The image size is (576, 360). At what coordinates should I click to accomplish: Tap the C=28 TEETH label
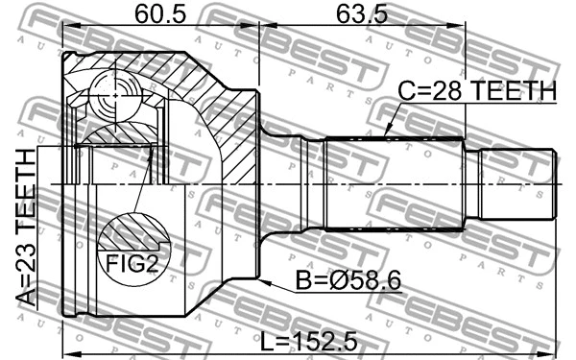click(477, 90)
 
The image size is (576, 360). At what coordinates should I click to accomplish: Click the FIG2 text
click(132, 264)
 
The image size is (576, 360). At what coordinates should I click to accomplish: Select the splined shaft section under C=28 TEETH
click(394, 182)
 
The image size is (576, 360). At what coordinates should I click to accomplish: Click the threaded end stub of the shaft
click(518, 182)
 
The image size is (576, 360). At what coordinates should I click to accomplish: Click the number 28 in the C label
click(446, 90)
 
